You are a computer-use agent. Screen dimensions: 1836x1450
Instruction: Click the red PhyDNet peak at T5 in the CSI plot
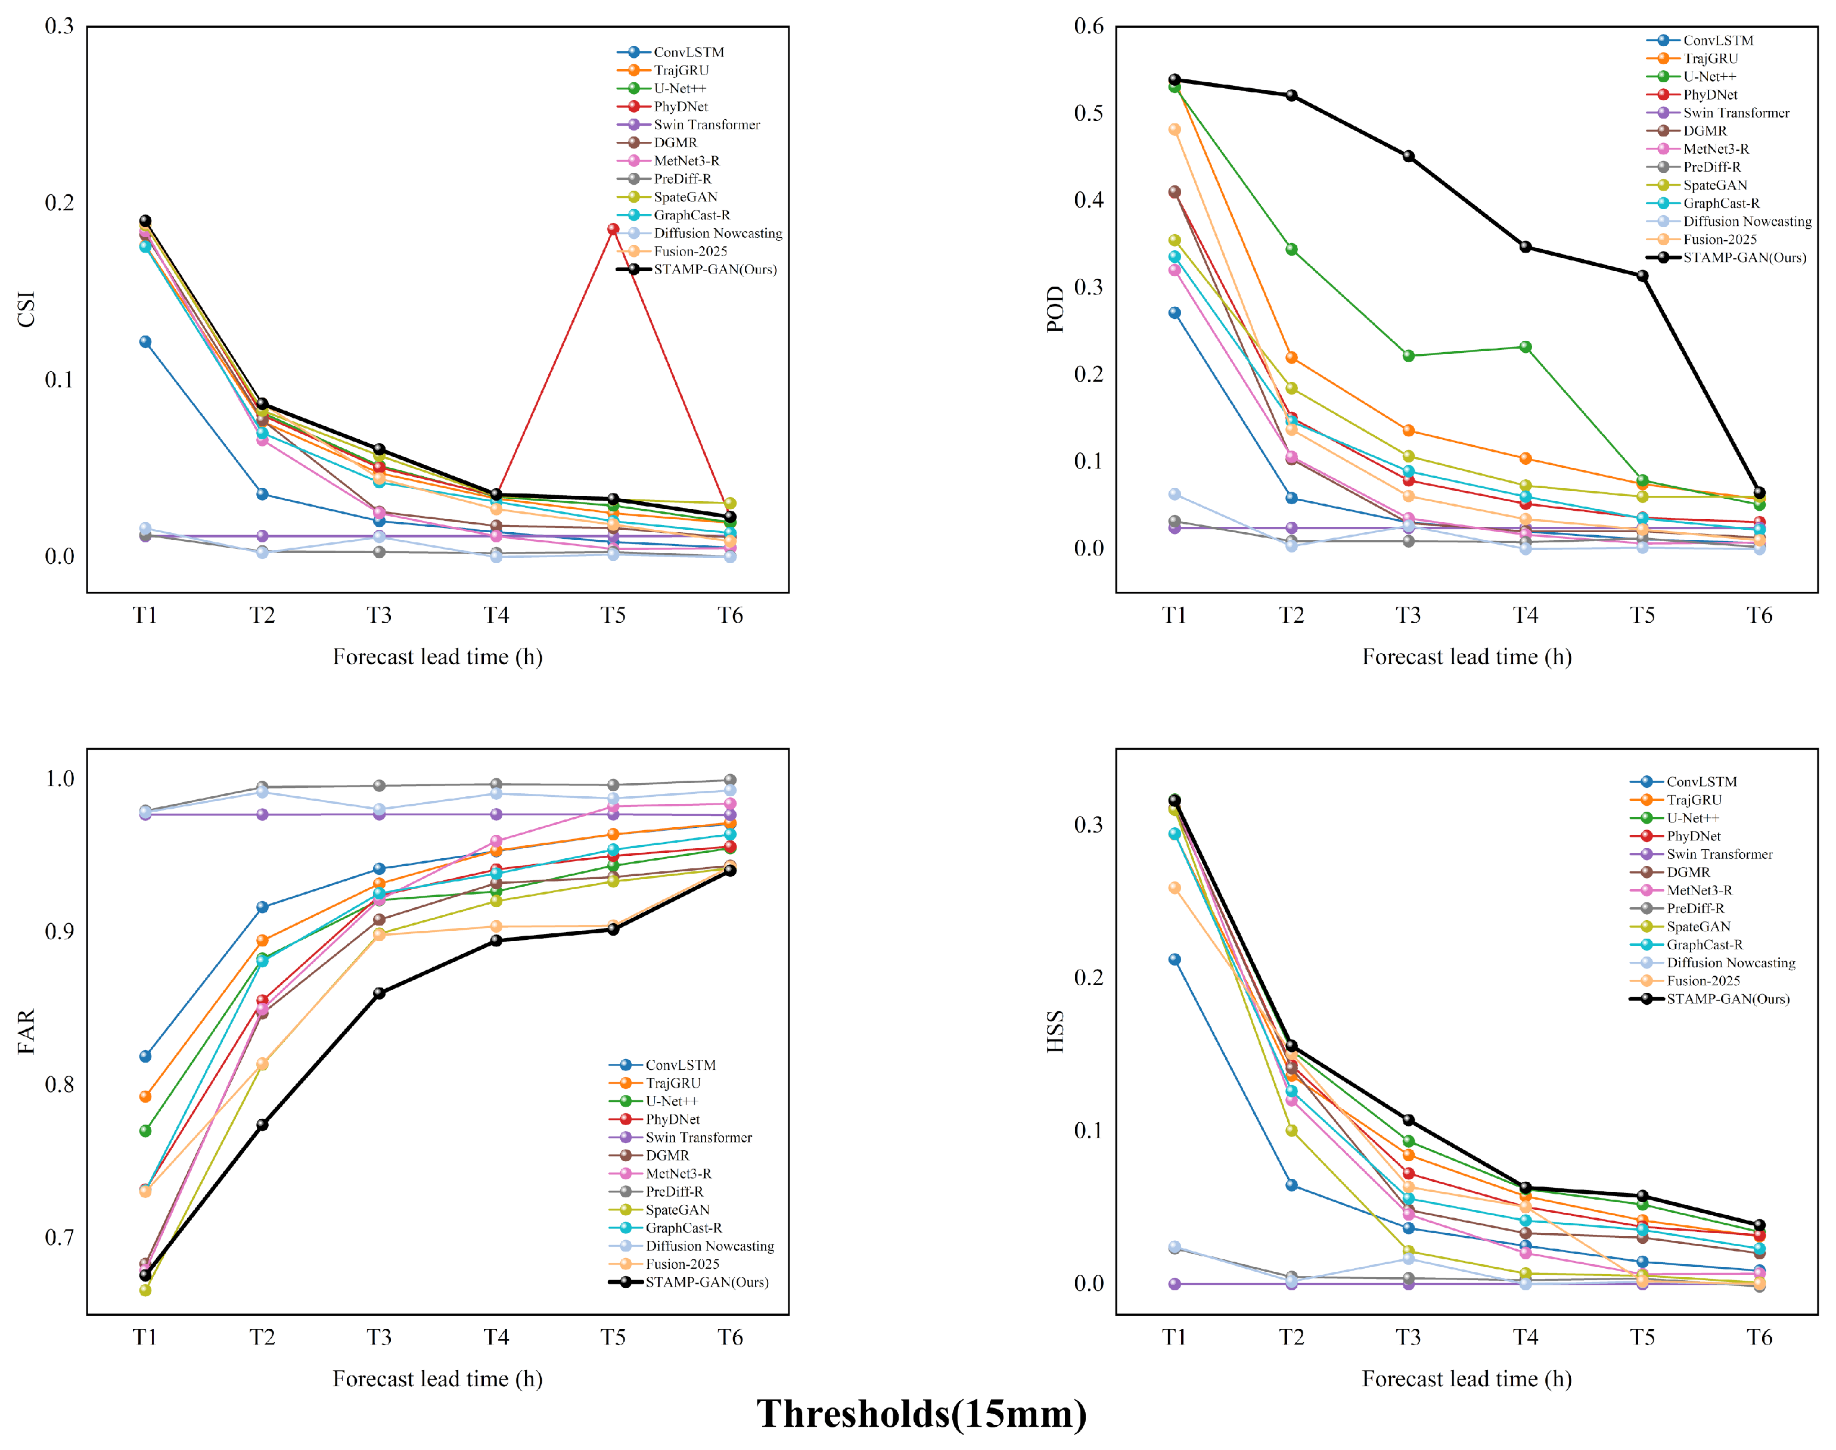613,229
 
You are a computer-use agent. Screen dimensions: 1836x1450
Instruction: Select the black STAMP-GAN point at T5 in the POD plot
1642,276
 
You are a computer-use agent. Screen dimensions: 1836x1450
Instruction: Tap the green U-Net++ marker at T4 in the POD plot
1526,347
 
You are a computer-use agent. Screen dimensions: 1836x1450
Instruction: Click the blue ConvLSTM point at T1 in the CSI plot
145,342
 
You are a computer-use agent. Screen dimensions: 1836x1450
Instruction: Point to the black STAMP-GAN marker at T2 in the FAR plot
262,1125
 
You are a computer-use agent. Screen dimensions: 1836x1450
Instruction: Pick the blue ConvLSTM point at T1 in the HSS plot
1175,960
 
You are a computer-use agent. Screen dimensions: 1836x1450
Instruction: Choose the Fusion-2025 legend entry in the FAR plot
664,1264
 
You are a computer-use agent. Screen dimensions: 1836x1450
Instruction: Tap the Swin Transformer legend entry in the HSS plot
1702,854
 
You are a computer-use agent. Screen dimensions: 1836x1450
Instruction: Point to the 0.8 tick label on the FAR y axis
60,1084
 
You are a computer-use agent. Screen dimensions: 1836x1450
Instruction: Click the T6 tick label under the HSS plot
1760,1337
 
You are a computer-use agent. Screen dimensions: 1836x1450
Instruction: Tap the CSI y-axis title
26,309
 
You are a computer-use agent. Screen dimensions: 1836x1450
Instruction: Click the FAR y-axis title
26,1032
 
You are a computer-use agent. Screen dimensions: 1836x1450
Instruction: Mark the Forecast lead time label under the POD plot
1467,657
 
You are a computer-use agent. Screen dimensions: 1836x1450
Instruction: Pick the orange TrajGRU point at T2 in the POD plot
1291,358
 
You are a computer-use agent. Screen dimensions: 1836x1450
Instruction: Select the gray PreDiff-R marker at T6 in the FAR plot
730,780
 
